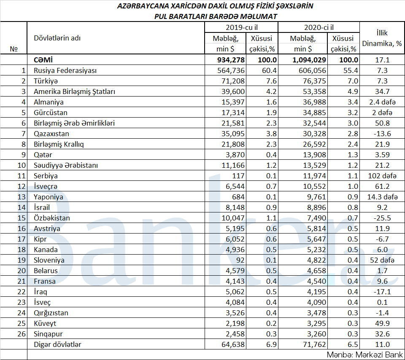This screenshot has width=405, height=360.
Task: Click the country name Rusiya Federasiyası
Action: (65, 70)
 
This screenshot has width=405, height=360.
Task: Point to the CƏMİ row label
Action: (44, 60)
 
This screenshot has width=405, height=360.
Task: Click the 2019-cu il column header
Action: (241, 27)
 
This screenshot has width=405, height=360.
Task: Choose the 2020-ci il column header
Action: (318, 27)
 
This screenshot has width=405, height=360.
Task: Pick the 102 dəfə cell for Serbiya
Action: (381, 176)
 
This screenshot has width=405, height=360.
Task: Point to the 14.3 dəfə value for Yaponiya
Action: (381, 197)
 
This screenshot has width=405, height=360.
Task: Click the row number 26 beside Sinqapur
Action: (22, 334)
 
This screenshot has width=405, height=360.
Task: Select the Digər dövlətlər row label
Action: (57, 344)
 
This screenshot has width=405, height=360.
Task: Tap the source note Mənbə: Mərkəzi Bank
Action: (364, 355)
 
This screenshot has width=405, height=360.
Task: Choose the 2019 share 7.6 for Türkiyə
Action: (270, 81)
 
